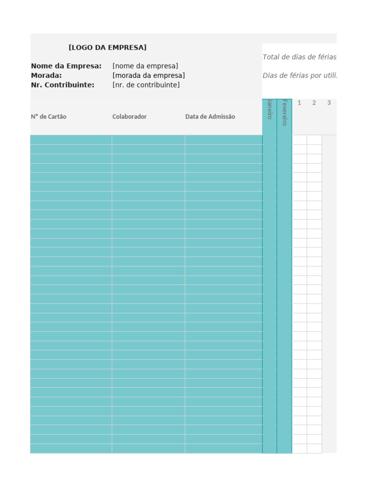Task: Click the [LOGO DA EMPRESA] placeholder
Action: tap(107, 47)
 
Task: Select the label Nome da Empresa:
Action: tap(66, 66)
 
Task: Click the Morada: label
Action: tap(46, 75)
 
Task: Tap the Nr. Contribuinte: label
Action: tap(63, 85)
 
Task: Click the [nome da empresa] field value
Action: tap(145, 66)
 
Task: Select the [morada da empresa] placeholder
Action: tap(148, 75)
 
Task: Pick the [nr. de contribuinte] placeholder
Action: tap(146, 85)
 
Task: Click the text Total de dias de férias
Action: tap(299, 57)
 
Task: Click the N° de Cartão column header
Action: tap(49, 117)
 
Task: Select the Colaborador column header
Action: tap(130, 117)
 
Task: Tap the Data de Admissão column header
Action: tap(210, 117)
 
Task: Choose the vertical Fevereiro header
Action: tap(284, 112)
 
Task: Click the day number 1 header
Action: tap(299, 103)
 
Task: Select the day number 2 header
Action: tap(314, 103)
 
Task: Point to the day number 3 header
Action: tap(329, 103)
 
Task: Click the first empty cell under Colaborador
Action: tap(148, 140)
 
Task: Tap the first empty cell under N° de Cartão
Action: tap(71, 140)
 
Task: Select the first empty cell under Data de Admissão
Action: tap(224, 140)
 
